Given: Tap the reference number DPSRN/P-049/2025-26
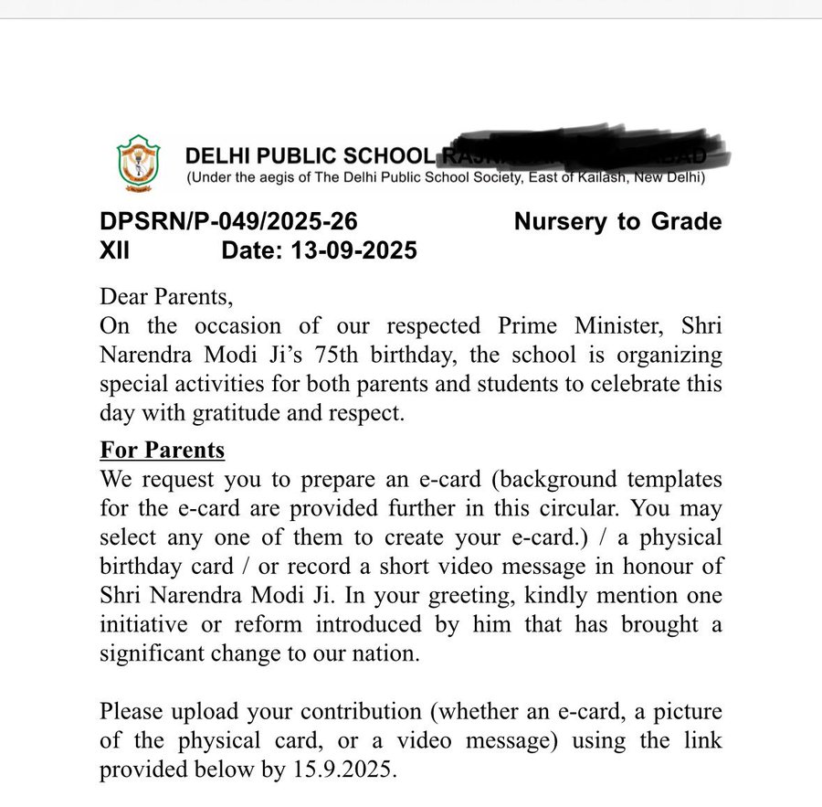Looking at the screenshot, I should coord(228,222).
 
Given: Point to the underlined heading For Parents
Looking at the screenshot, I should coord(162,451).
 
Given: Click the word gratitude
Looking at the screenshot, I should coord(234,412).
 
